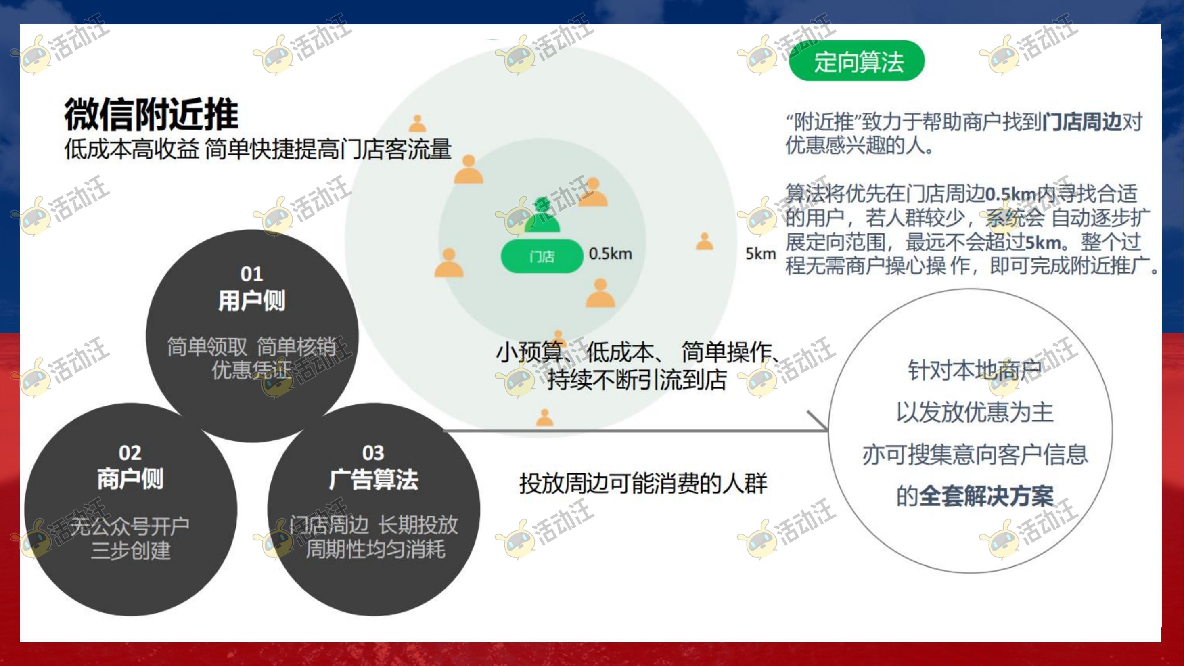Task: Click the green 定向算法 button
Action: [x=857, y=61]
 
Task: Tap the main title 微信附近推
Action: [x=151, y=114]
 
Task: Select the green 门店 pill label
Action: [x=542, y=256]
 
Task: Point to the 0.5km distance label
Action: [x=611, y=253]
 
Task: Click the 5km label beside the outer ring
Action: [x=761, y=253]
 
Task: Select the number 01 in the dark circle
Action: [x=252, y=274]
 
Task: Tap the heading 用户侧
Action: [x=252, y=301]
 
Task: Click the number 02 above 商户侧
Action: [x=130, y=453]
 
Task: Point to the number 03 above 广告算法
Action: [x=373, y=453]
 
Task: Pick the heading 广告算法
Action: [x=373, y=480]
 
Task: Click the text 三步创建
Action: [x=130, y=550]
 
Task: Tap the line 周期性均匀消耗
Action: [x=376, y=549]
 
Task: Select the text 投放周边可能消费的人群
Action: [x=643, y=484]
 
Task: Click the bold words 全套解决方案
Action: [x=986, y=496]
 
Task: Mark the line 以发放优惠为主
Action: [x=975, y=412]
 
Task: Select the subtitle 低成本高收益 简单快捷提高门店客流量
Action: [x=258, y=149]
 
